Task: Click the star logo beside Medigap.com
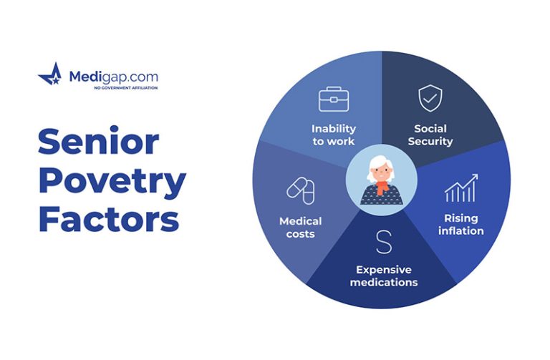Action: click(51, 74)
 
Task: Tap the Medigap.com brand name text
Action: click(114, 77)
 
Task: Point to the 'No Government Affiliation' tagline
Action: click(126, 87)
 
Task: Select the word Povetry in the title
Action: click(112, 181)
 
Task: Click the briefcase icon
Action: click(334, 99)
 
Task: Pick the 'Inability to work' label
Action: click(334, 135)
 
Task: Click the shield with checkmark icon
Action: click(430, 98)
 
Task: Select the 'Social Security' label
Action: click(430, 135)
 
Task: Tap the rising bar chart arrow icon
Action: click(461, 188)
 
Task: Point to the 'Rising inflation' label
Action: click(461, 224)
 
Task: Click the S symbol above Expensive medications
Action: click(384, 242)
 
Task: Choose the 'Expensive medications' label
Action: click(384, 276)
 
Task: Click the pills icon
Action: click(301, 190)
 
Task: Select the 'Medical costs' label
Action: click(300, 228)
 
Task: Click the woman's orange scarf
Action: click(382, 187)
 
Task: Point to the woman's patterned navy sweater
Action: click(382, 195)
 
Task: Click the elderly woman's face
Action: click(381, 172)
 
